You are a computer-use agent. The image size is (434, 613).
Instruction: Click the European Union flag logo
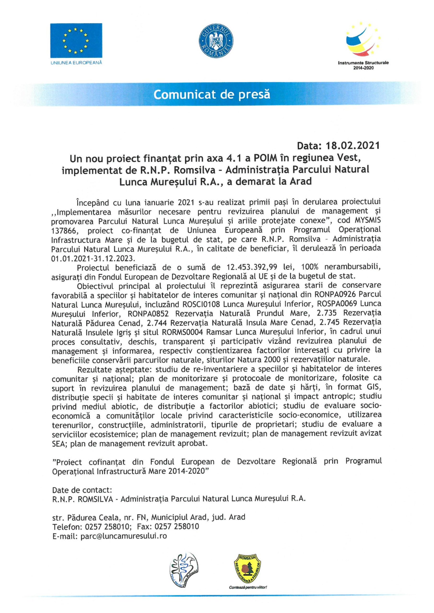76,40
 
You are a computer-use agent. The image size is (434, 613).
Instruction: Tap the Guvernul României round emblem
217,42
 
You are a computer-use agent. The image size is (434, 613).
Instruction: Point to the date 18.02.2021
353,146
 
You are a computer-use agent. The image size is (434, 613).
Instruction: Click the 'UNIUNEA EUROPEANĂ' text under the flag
76,62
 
